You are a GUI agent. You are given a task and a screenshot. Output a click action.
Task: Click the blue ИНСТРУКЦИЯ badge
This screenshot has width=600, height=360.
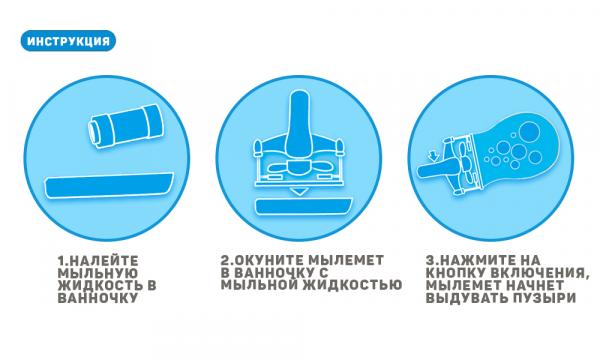pos(68,41)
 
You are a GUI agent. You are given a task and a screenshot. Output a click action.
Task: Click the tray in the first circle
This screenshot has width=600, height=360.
pos(109,186)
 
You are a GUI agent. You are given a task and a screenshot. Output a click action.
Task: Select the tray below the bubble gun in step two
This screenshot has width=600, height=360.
pos(303,207)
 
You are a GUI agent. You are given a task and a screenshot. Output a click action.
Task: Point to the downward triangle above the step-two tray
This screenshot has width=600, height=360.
pos(299,191)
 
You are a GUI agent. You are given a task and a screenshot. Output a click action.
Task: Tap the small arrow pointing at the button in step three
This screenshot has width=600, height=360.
pos(434,155)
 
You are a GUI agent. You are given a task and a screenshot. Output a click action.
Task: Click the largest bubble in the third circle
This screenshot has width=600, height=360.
pos(530,131)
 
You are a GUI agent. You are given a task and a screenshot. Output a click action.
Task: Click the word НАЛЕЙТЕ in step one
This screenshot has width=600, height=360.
pos(104,261)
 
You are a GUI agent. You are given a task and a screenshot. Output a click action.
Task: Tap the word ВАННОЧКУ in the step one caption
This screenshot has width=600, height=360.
pos(98,298)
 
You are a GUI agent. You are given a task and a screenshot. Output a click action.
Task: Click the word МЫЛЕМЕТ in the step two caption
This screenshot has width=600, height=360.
pos(346,260)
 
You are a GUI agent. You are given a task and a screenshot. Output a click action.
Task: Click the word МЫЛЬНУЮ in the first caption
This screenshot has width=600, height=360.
pos(98,274)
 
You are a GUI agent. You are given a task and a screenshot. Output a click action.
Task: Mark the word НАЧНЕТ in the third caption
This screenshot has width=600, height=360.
pos(535,285)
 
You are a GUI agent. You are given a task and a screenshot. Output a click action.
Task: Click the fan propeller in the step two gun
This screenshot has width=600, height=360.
pos(299,167)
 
